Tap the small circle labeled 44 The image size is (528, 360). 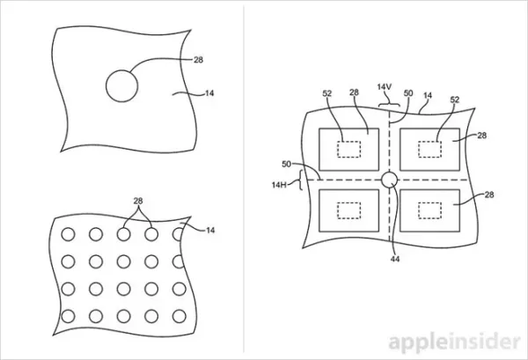coord(390,173)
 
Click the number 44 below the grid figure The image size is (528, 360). coord(395,259)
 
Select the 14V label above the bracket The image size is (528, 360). coord(385,86)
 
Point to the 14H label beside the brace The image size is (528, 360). coord(279,185)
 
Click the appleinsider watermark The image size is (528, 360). coord(455,342)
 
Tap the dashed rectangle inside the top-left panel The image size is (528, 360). coord(348,142)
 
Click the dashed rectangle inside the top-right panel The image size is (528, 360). coord(430,142)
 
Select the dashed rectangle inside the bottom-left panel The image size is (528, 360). coord(348,202)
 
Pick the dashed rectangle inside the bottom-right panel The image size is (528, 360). coord(430,202)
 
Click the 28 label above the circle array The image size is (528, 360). coord(138,201)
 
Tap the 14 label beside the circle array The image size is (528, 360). coord(210,230)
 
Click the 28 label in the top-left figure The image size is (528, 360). coord(199,60)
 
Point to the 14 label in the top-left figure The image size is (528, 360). coord(209,93)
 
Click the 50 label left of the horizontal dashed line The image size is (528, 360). coord(286,164)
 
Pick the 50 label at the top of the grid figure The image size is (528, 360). coord(408,92)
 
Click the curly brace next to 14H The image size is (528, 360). coord(299,180)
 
